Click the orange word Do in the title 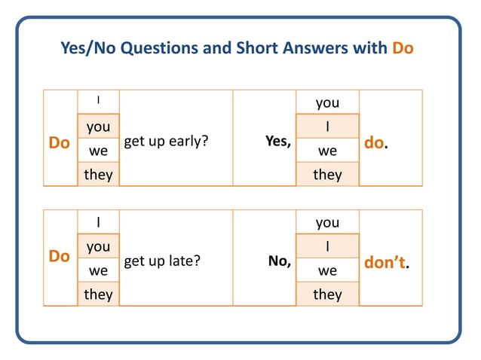click(403, 49)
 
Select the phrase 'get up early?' click(166, 141)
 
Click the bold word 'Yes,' click(278, 141)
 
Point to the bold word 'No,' click(280, 261)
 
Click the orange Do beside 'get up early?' click(59, 142)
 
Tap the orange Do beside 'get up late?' click(59, 256)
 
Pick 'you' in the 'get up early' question click(98, 127)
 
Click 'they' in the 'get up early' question click(98, 175)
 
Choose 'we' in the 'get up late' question click(98, 270)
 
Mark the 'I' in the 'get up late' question click(98, 222)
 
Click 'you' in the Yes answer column click(327, 103)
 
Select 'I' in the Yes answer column click(327, 127)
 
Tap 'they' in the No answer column click(327, 294)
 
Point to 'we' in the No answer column click(327, 270)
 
